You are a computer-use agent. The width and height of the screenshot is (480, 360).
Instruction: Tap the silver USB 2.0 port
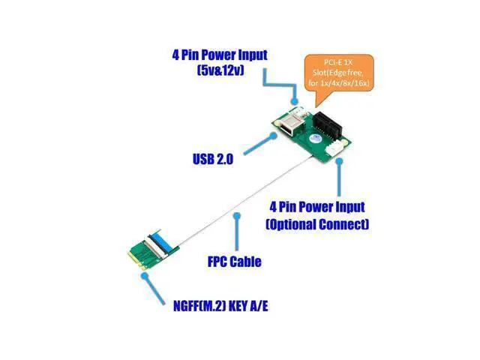click(289, 124)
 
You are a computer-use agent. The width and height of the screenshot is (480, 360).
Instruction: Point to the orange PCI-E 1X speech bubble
click(339, 73)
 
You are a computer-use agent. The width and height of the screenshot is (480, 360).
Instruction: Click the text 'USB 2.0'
click(213, 159)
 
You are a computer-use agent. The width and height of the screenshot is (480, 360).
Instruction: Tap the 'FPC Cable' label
click(235, 262)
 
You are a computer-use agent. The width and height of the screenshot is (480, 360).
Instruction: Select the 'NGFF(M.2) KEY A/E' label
click(220, 306)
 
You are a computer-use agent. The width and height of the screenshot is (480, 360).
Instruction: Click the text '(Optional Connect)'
click(317, 224)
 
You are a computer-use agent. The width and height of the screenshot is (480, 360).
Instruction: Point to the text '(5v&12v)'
click(220, 70)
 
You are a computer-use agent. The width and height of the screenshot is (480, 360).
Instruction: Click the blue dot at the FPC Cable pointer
click(237, 216)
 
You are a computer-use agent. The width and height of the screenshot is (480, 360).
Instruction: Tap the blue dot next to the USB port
click(273, 135)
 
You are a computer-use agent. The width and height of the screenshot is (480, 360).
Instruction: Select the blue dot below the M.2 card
click(144, 276)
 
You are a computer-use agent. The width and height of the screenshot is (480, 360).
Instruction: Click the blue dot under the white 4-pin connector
click(338, 161)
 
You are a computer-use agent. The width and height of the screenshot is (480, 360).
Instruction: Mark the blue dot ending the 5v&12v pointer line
click(295, 101)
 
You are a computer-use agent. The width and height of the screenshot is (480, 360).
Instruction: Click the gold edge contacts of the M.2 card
click(136, 260)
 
